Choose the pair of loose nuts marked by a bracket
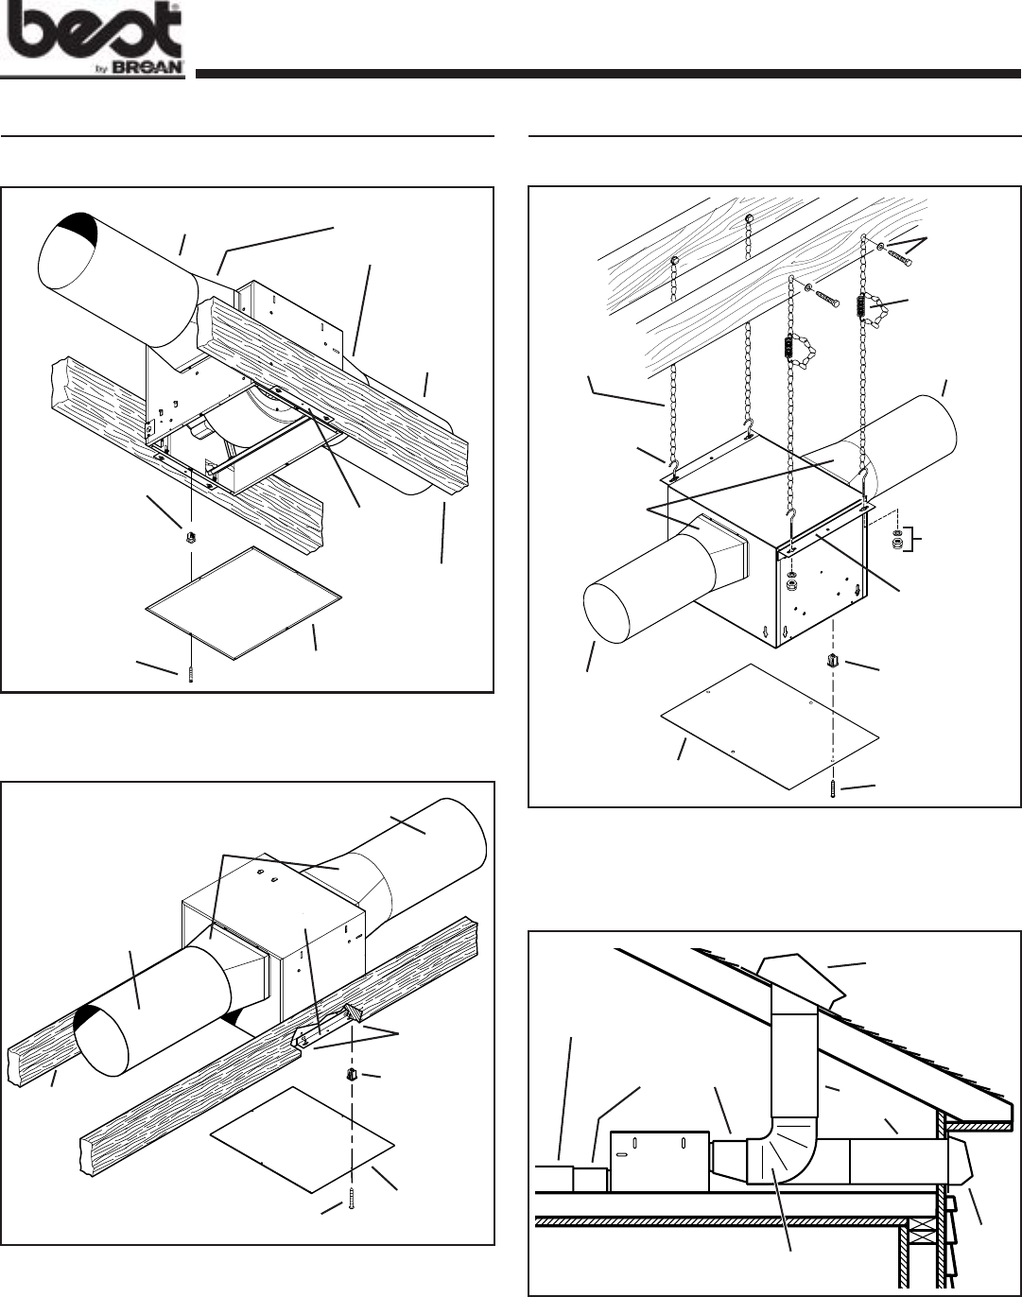pos(896,541)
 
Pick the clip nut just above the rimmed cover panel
pos(191,538)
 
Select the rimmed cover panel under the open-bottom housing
pos(246,601)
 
